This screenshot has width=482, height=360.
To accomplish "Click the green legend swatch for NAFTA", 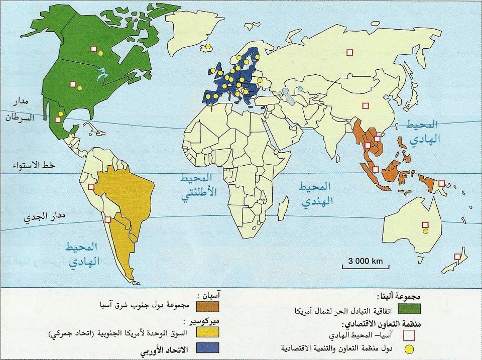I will [410, 308].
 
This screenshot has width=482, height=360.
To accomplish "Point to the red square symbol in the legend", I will [410, 334].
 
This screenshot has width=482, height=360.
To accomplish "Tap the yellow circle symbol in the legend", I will [410, 348].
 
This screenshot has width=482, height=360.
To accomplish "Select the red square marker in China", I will [366, 105].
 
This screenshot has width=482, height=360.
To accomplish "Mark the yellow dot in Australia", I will [425, 231].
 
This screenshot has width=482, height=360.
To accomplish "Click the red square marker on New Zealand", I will [457, 257].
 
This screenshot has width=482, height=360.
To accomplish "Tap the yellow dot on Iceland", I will [207, 47].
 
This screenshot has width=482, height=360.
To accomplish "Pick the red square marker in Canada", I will [93, 49].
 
